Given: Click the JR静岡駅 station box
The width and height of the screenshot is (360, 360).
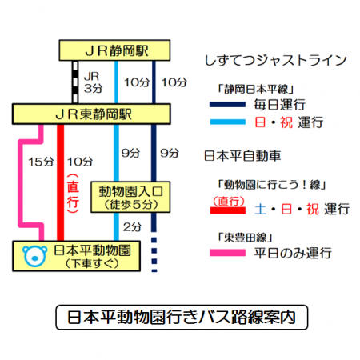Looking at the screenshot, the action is point(114,50).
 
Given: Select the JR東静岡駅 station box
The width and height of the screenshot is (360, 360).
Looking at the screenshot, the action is point(91,114).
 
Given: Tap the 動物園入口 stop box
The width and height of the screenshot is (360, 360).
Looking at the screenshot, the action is point(130,197).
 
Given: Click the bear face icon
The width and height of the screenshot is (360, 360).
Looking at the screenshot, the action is point(34,256).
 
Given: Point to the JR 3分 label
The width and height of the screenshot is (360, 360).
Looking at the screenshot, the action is point(93,82).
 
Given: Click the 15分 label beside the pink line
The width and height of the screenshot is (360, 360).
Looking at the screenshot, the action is point(41,162).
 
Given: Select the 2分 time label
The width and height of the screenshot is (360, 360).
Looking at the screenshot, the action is point(132,227).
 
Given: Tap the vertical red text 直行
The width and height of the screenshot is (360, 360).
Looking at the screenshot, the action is point(73,194).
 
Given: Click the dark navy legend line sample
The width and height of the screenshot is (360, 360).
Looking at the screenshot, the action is point(227,105).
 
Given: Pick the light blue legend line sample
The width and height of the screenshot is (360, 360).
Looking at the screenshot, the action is point(227,122).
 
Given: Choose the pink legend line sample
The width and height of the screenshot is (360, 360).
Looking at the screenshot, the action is point(227,253).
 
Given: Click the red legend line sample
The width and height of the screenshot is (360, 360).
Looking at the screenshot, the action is point(227,210).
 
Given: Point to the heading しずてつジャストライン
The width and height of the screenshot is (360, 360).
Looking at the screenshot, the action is point(275,61).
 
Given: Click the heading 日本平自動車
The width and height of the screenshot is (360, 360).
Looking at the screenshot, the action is point(242,156).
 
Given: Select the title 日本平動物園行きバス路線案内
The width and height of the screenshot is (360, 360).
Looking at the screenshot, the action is point(182,317).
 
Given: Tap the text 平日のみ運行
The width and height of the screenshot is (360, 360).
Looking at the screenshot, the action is point(293,253).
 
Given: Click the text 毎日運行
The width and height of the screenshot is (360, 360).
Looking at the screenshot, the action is point(279,105).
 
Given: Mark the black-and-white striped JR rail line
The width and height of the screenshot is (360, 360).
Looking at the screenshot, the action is point(75,82).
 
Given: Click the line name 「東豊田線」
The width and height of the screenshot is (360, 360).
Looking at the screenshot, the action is point(245,238).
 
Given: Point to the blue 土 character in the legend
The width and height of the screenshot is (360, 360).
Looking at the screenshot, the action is point(260,210).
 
